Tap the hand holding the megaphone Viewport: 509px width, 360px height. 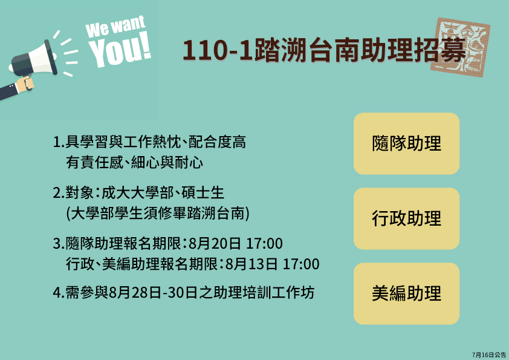[x=25, y=84]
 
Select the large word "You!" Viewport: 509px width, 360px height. [x=120, y=50]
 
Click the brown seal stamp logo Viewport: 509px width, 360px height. [x=460, y=47]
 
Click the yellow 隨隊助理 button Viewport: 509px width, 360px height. [x=406, y=143]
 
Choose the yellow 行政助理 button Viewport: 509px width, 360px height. [x=406, y=218]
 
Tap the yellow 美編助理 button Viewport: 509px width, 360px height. [x=406, y=293]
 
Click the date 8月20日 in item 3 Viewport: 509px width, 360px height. [x=215, y=244]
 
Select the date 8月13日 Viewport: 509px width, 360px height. [x=251, y=264]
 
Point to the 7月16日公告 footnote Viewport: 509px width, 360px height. [x=489, y=355]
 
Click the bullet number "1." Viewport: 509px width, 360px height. [x=59, y=142]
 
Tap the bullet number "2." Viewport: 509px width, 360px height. [x=59, y=193]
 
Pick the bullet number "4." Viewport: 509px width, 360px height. [x=59, y=293]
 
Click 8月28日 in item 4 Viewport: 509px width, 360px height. [x=135, y=293]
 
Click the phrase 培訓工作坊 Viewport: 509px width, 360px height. [x=278, y=293]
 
